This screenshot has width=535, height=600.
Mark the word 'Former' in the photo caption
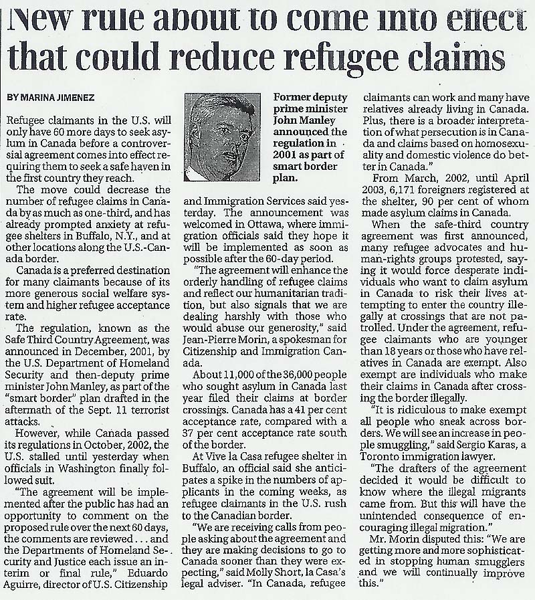[x=294, y=98]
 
